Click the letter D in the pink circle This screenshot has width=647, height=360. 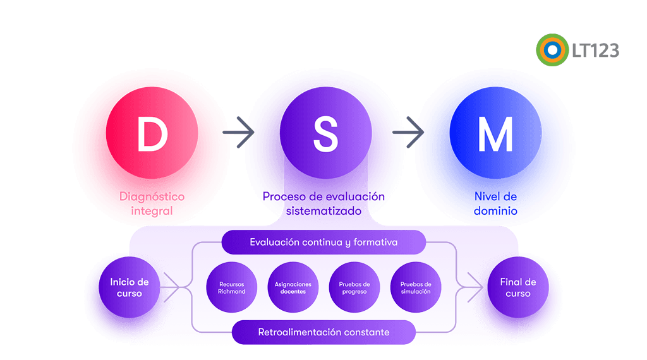[x=152, y=134]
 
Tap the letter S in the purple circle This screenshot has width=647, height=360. [x=325, y=134]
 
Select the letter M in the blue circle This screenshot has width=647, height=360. [x=495, y=134]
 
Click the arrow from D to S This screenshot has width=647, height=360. [x=239, y=133]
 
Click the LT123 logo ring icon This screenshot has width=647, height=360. [x=552, y=50]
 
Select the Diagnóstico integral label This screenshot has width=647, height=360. [x=152, y=204]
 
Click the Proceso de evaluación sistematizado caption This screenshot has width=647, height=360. [x=323, y=204]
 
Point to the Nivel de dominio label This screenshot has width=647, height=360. [x=495, y=204]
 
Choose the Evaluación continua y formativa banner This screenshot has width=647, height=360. [x=323, y=243]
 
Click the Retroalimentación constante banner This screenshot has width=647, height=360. [x=323, y=332]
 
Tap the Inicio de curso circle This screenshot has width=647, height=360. [x=130, y=288]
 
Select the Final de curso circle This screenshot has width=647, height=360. [x=518, y=288]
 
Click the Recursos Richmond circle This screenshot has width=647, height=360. [x=232, y=288]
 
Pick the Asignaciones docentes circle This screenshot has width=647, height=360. [x=293, y=288]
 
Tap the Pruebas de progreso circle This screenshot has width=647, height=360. [x=354, y=288]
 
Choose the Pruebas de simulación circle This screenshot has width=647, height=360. [x=415, y=288]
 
